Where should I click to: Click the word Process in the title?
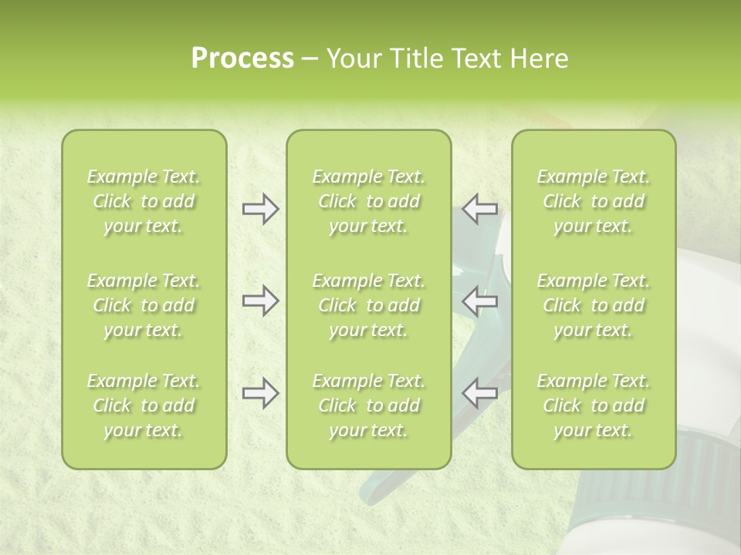tap(242, 59)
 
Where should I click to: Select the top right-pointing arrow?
tap(260, 209)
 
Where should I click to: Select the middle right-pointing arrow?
tap(260, 301)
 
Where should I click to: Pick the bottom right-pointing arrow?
tap(260, 393)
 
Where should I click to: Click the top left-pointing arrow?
tap(479, 209)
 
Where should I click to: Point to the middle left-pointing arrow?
tap(479, 301)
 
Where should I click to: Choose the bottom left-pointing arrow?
tap(479, 393)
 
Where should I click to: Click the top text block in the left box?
tap(144, 201)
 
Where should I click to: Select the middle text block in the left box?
tap(144, 305)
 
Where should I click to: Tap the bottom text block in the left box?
tap(144, 405)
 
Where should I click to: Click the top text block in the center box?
tap(368, 201)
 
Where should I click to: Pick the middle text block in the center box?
tap(368, 305)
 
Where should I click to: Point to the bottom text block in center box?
tap(368, 405)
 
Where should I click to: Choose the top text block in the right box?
tap(593, 201)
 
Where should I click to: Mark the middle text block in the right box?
tap(593, 305)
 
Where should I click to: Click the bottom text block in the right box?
tap(593, 405)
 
